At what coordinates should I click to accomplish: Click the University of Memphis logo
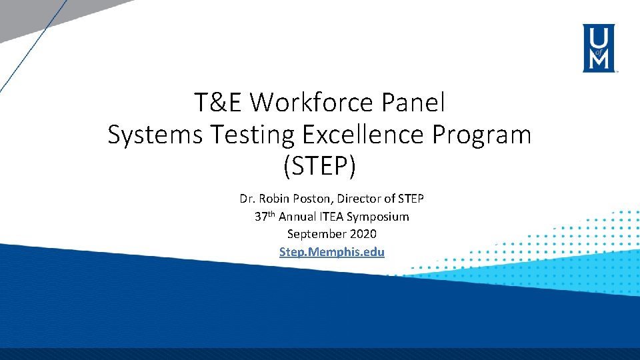(600, 47)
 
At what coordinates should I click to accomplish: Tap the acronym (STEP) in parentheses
(319, 167)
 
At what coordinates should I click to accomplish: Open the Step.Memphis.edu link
(332, 252)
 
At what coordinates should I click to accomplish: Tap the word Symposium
(378, 217)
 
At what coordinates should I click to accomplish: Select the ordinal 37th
(265, 216)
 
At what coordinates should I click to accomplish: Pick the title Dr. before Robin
(247, 199)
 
